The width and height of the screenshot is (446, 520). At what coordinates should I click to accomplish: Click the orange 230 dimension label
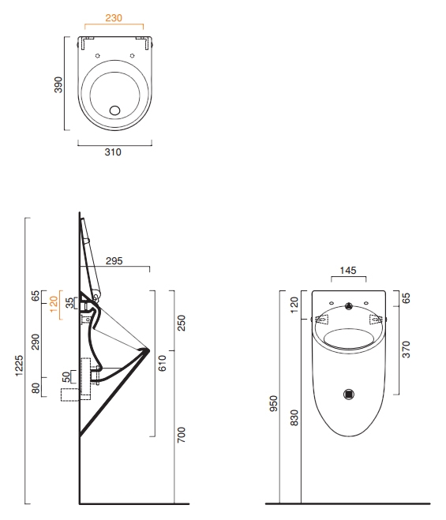point(114,18)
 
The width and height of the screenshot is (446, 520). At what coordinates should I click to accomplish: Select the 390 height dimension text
point(58,84)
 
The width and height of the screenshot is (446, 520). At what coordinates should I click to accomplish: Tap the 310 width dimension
point(113,152)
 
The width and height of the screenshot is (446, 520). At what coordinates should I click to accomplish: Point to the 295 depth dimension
point(114,261)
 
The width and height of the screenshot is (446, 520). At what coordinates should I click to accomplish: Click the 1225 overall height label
point(19,365)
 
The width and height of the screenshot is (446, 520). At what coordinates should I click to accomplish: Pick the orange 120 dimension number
point(54,304)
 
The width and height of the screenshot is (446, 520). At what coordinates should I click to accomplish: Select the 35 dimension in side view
point(69,303)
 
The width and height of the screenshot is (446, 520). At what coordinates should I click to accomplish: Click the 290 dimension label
point(36,342)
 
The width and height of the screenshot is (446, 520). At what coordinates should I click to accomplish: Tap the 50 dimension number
point(66,376)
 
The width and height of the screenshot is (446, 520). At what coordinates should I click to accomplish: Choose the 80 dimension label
point(36,388)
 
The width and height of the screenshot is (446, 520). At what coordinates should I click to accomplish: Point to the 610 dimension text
point(163,363)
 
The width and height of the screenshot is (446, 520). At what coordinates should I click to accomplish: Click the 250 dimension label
point(182,323)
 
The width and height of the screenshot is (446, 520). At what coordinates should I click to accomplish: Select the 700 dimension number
point(182,435)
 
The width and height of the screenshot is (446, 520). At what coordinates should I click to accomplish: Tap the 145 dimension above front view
point(348,271)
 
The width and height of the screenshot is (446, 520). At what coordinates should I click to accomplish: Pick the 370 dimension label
point(407,350)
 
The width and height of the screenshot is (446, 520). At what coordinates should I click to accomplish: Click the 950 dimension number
point(274,403)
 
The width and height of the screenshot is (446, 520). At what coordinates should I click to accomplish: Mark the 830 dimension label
point(294,417)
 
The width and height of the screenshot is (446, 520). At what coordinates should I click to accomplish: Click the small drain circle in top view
point(114,110)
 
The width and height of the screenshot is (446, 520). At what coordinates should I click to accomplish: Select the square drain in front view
point(349,395)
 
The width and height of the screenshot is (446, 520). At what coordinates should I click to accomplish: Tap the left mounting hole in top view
point(98,56)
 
